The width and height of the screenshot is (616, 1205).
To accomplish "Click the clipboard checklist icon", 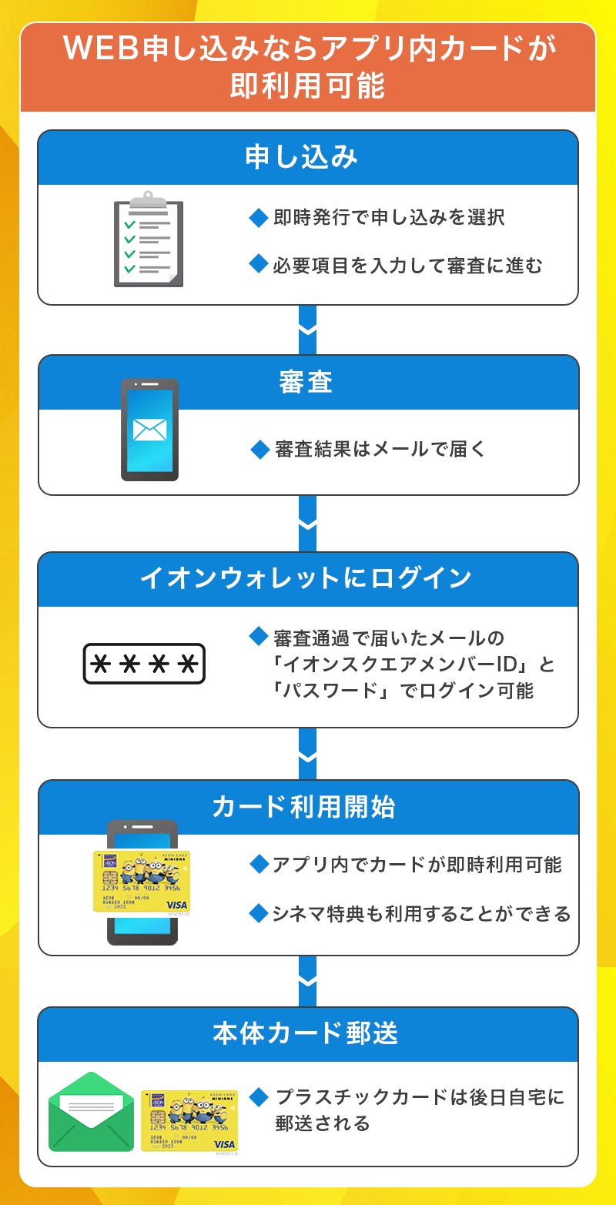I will coord(149,239).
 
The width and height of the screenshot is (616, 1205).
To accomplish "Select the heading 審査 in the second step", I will coord(307,382).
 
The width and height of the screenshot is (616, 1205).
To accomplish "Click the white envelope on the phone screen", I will coord(149,430).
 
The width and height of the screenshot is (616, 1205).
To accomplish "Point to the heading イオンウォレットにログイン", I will coord(307,579).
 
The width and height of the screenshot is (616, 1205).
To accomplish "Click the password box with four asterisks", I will coord(144,664).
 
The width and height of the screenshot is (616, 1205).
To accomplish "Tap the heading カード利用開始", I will coord(307,807).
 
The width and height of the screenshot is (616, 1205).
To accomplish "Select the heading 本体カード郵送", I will coord(307,1034).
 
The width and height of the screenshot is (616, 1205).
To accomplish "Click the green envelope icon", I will coord(91,1112).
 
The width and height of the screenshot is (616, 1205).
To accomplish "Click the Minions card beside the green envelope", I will coord(189,1120).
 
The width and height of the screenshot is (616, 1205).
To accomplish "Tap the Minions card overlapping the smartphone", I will coord(142,881).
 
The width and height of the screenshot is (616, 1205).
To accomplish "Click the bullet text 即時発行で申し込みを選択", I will coord(389,218).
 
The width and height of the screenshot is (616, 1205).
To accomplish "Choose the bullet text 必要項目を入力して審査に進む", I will coord(407,266).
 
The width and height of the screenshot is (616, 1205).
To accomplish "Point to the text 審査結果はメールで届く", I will coord(380,449).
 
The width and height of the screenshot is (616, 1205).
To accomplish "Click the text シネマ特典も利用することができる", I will coord(420,914).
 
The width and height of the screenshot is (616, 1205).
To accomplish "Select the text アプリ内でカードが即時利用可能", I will coord(417,865).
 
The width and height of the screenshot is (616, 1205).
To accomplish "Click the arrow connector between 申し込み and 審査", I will coord(307,330).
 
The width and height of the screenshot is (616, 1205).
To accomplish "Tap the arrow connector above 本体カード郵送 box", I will coord(307,981).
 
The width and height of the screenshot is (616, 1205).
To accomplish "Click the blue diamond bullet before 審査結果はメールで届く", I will coord(259,449).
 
